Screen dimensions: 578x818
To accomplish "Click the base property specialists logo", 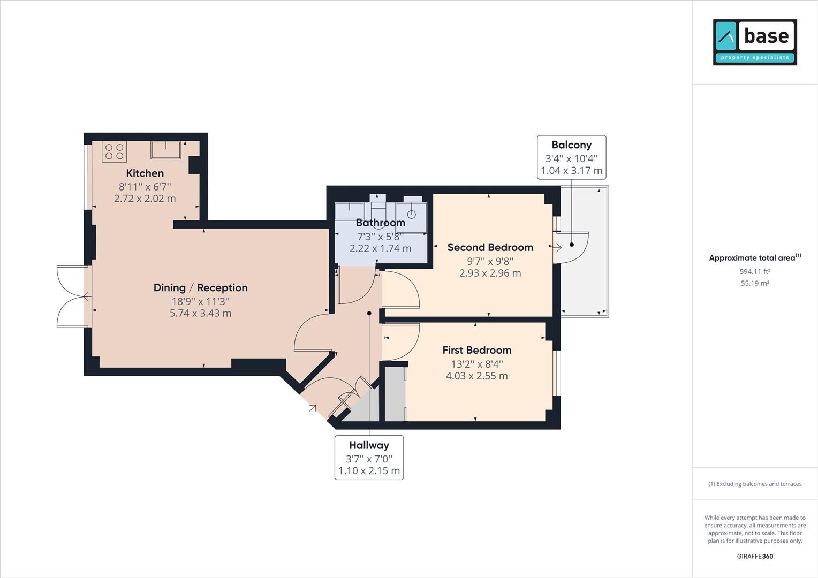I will pyautogui.click(x=755, y=42).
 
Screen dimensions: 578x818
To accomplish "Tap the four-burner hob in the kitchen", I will pyautogui.click(x=114, y=151).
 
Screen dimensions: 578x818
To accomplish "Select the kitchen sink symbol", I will pyautogui.click(x=165, y=150).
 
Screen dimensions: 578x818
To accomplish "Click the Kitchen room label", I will pyautogui.click(x=145, y=173).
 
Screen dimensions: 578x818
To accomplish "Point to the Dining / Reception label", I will pyautogui.click(x=200, y=288).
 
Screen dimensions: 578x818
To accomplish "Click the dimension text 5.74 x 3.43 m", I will pyautogui.click(x=200, y=313).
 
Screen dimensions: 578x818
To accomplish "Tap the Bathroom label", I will pyautogui.click(x=380, y=223).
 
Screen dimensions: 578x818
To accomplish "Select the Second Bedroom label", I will pyautogui.click(x=490, y=247).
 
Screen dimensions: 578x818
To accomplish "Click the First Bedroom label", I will pyautogui.click(x=476, y=350).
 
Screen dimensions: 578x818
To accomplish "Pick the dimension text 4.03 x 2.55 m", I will pyautogui.click(x=476, y=376).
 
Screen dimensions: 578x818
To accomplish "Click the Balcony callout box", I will pyautogui.click(x=571, y=157).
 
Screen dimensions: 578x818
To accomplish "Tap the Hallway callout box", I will pyautogui.click(x=369, y=458).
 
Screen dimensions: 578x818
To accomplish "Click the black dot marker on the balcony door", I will pyautogui.click(x=572, y=244).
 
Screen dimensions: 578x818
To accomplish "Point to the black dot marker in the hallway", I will pyautogui.click(x=369, y=313).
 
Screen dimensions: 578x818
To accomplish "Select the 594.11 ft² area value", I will pyautogui.click(x=755, y=271).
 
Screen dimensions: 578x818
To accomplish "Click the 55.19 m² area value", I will pyautogui.click(x=755, y=284).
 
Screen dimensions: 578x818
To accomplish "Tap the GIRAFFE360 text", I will pyautogui.click(x=755, y=556).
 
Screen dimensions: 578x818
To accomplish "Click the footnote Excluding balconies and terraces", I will pyautogui.click(x=755, y=484).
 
